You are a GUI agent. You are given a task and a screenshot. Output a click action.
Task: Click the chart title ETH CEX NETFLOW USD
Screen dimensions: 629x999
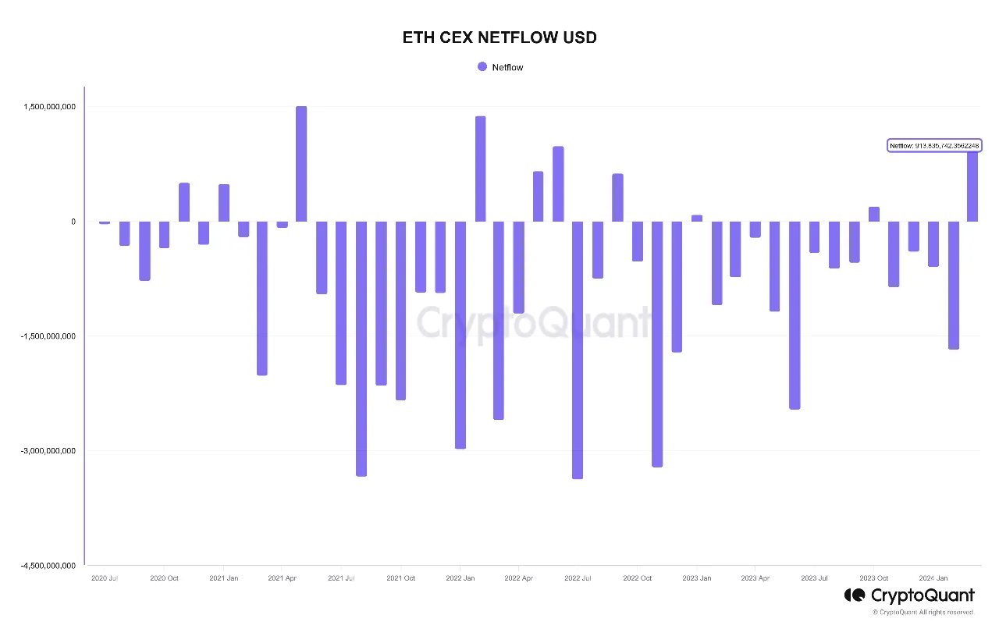point(499,37)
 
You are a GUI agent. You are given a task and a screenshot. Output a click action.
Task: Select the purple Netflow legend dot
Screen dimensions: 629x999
point(482,67)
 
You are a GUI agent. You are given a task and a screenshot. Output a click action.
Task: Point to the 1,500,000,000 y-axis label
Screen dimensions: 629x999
point(50,107)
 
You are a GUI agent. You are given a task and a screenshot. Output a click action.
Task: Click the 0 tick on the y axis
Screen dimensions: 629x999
point(73,222)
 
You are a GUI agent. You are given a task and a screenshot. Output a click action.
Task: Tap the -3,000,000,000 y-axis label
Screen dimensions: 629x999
point(49,451)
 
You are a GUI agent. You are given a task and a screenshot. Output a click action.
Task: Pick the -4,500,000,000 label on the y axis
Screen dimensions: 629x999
point(49,566)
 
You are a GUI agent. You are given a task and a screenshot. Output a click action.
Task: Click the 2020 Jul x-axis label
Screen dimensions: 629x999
point(105,578)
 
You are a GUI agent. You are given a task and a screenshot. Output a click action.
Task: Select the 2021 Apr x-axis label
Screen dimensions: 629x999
point(282,578)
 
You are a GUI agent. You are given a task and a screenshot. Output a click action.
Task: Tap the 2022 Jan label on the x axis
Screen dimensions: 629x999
point(460,578)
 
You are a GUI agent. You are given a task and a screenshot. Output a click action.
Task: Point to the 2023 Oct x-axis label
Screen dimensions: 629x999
point(873,578)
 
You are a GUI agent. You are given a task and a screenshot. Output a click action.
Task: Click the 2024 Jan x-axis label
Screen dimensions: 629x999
point(933,578)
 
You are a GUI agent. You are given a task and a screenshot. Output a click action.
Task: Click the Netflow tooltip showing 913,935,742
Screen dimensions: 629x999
point(934,146)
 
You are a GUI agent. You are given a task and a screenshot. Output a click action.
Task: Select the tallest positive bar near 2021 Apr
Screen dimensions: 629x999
point(301,164)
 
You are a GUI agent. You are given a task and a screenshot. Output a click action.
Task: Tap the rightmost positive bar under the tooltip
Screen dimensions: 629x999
point(972,187)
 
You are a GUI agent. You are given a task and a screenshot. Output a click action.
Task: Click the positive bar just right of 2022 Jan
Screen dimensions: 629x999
point(480,169)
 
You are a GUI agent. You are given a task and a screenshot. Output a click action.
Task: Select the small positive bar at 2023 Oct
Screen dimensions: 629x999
point(874,215)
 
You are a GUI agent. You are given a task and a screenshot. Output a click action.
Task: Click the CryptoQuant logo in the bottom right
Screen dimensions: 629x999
point(909,595)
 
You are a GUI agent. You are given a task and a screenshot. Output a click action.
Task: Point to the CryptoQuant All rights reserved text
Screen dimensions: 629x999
point(923,613)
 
